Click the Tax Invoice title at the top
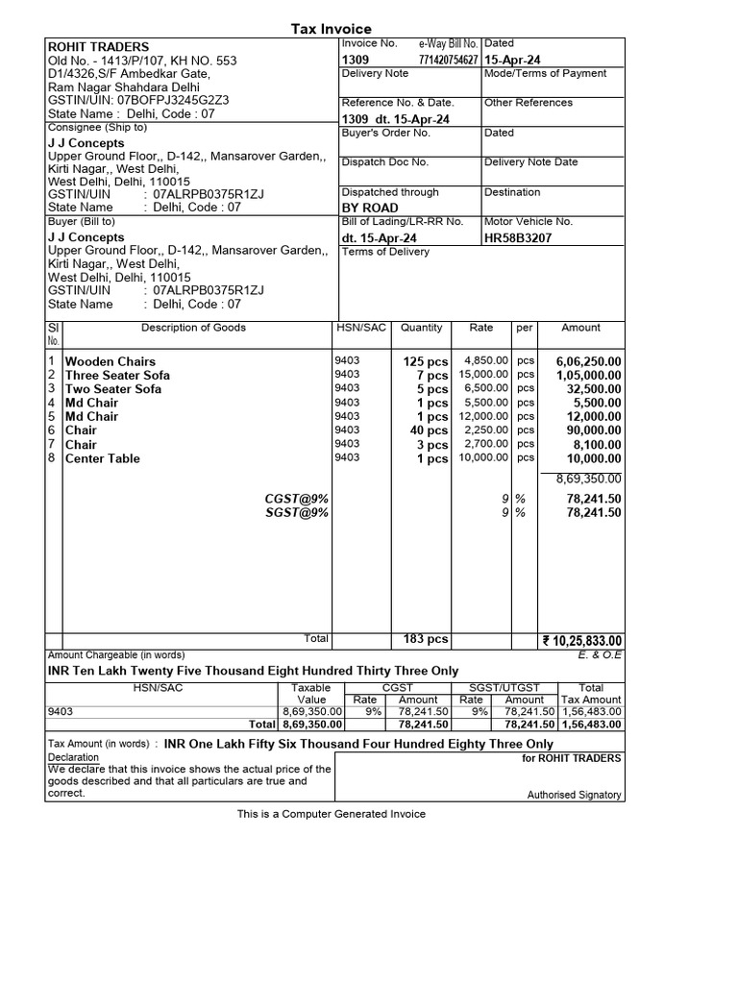click(x=331, y=29)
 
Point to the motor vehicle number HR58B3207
click(x=519, y=237)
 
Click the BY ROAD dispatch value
click(x=370, y=208)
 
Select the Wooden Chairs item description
click(x=110, y=361)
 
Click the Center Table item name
click(x=102, y=458)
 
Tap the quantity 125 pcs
click(x=426, y=361)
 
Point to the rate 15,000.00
click(x=483, y=375)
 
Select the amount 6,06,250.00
click(x=588, y=361)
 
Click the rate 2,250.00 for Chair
click(x=486, y=430)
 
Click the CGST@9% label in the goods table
click(x=296, y=499)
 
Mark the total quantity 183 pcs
click(x=426, y=639)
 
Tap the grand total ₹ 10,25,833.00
click(x=582, y=641)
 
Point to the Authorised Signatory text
click(x=574, y=795)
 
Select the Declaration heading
click(x=73, y=757)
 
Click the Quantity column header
click(x=421, y=328)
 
